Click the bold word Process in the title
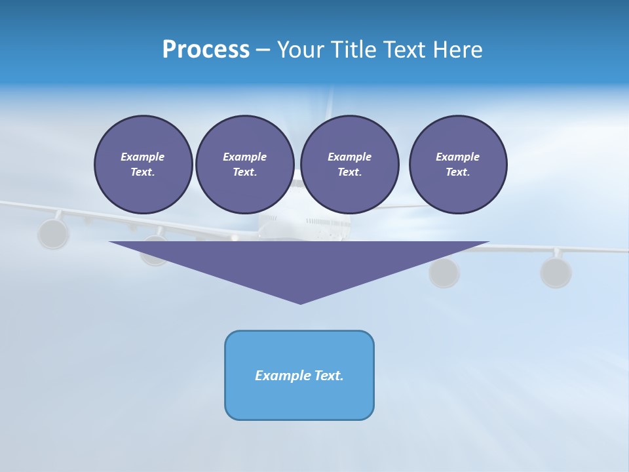coord(206,50)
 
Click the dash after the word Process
coord(263,50)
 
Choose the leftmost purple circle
coord(143,165)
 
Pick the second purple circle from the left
coord(244,165)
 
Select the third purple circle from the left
coord(349,165)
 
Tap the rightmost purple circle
coord(457,165)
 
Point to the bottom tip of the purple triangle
coord(300,302)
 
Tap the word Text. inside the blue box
coord(328,376)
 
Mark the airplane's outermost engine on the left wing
coord(53,233)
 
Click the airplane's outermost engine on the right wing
coord(556,271)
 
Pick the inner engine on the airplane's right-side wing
coord(444,273)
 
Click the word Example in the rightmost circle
coord(457,157)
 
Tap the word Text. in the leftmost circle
coord(143,172)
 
